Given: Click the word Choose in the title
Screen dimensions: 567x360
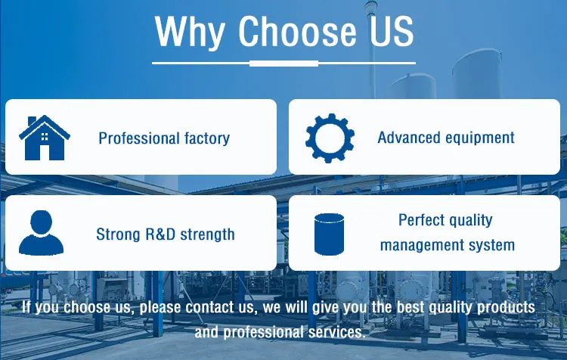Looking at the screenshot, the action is (297, 31).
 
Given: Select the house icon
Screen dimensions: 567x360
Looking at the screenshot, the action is (44, 138).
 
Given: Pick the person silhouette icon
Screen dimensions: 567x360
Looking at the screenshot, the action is (42, 232).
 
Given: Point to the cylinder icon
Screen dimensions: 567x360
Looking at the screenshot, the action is (329, 234).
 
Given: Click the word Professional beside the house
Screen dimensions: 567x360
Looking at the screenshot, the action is (139, 138).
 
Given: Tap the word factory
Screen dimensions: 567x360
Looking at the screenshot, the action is (207, 138).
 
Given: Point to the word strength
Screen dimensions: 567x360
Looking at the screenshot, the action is (208, 234).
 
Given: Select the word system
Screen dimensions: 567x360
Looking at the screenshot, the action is (492, 246).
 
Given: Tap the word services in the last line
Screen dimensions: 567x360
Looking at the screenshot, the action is (336, 332).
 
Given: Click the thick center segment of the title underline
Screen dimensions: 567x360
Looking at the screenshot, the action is (283, 64).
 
